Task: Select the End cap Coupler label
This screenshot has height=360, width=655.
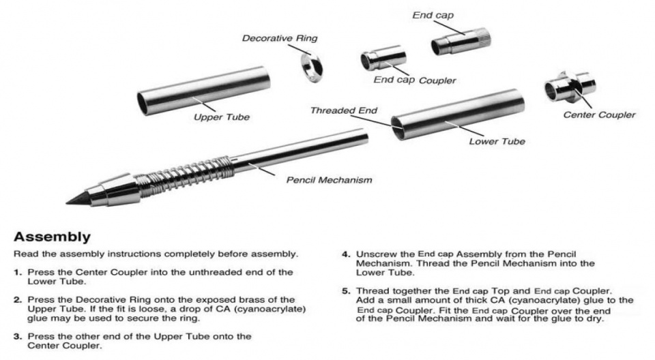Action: pos(415,80)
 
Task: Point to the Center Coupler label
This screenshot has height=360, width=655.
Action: pos(598,115)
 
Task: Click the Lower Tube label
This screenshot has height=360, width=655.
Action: pos(497,142)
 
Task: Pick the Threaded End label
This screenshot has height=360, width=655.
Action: pos(343,110)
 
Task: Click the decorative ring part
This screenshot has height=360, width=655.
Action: pos(313,66)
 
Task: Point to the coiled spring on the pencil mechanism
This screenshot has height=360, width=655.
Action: pos(181,175)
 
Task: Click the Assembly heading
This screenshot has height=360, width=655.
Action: pos(53,237)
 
